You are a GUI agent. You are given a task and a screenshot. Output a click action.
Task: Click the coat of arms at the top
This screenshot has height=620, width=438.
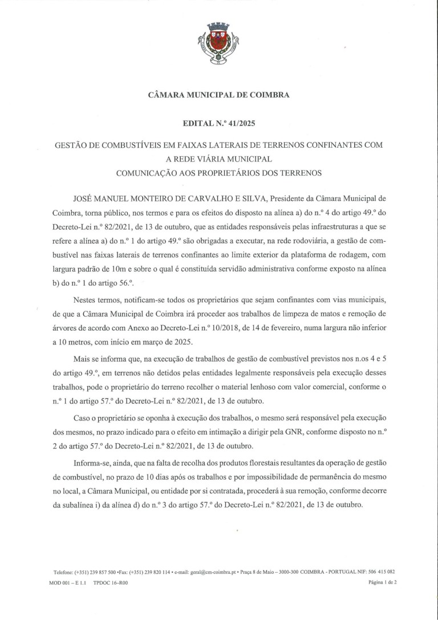pos(218,43)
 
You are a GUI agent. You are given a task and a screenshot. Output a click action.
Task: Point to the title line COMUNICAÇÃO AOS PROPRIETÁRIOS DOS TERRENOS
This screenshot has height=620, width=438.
pos(219,173)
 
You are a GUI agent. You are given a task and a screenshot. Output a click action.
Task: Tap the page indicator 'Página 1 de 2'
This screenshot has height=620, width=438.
pos(382,582)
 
